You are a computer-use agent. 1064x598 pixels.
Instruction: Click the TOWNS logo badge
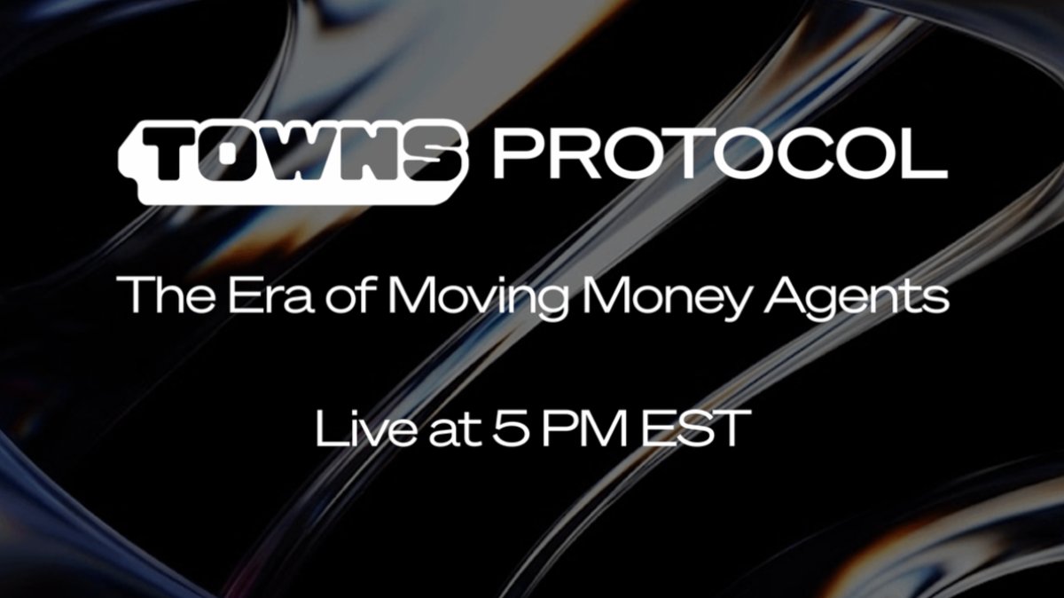(293, 160)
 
